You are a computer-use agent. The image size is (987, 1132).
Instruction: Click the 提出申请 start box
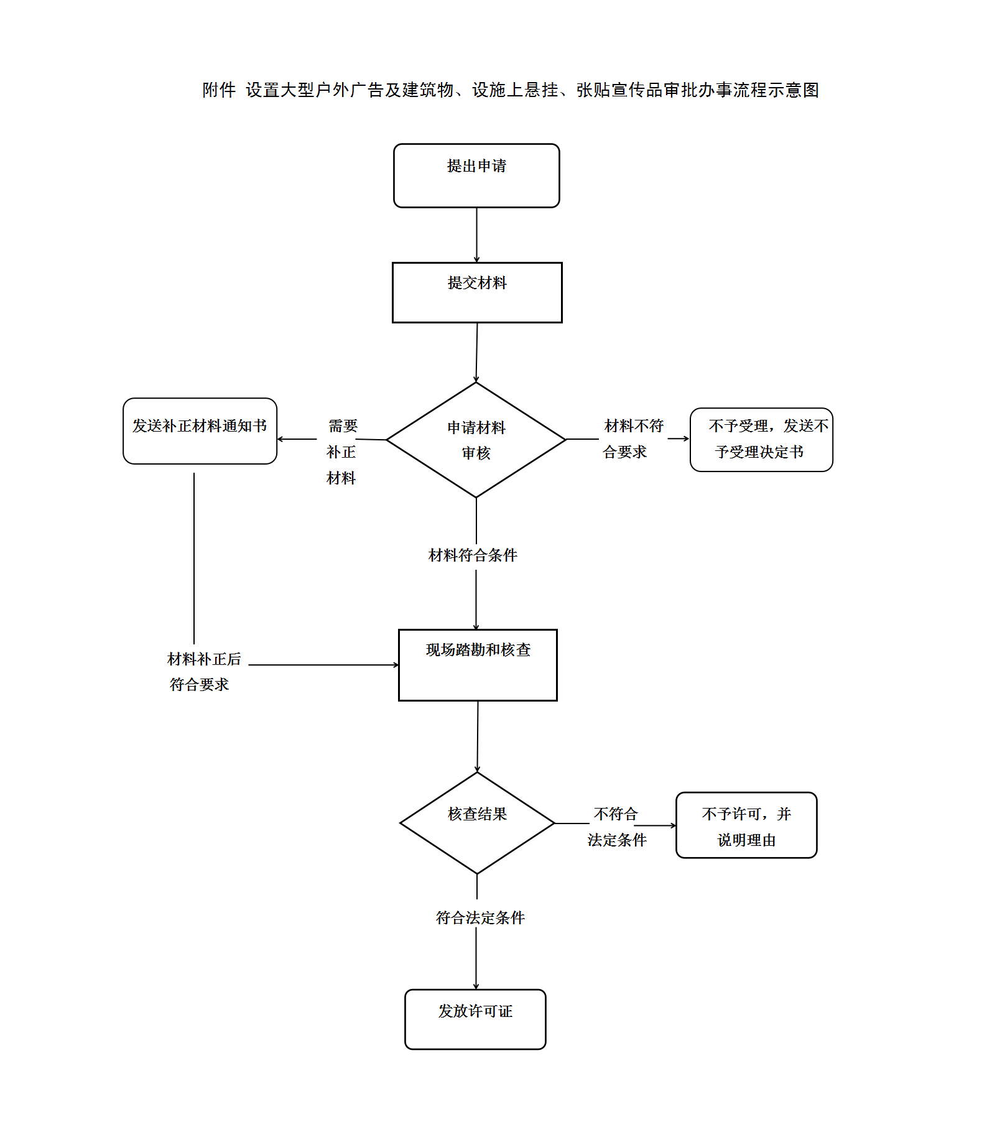[476, 175]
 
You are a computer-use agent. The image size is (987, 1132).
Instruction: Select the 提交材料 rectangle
[477, 292]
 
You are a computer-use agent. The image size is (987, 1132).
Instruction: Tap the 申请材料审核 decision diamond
[476, 440]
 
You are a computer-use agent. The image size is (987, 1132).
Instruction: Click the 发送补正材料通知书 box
[200, 431]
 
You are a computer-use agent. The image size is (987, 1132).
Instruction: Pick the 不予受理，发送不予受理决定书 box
[761, 440]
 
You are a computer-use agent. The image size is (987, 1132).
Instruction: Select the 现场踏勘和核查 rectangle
[478, 665]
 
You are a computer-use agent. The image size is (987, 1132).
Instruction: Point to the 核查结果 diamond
[477, 823]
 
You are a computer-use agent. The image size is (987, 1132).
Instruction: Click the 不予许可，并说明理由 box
[746, 825]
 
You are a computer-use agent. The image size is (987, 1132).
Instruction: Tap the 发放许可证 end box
[475, 1019]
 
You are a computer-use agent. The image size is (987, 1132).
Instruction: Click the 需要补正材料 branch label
[341, 452]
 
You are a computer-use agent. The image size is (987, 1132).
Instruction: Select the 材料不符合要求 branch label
[632, 439]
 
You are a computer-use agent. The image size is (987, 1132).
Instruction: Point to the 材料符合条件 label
[473, 555]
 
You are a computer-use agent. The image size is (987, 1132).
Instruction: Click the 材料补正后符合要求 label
[203, 672]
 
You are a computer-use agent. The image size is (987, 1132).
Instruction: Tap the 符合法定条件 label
[480, 918]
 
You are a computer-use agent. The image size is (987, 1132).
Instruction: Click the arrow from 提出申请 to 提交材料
[477, 235]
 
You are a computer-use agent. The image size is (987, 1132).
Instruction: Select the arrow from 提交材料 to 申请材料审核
[477, 352]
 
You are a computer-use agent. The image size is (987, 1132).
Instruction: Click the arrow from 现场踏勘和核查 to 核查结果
[478, 736]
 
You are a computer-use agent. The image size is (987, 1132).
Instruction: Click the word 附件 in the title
[219, 90]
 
